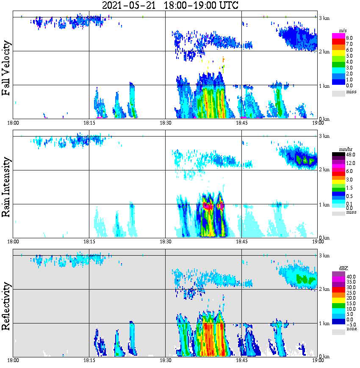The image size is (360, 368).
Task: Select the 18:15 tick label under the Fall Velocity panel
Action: coord(89,123)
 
